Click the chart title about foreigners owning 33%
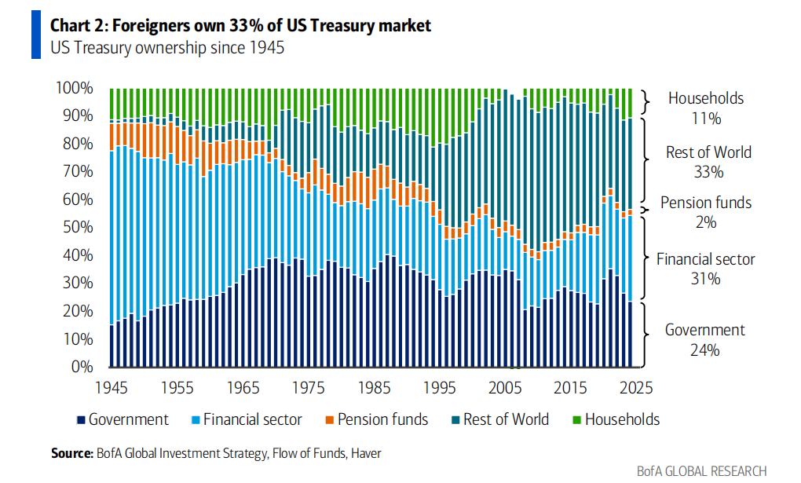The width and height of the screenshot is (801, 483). click(x=241, y=25)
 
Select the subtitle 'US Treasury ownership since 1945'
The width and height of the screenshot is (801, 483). click(x=167, y=48)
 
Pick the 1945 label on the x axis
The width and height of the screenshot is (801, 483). click(x=112, y=388)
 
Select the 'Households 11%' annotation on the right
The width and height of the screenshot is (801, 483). click(x=705, y=108)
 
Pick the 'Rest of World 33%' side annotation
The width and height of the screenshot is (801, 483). click(x=708, y=162)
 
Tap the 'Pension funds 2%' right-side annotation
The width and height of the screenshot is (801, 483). click(x=705, y=212)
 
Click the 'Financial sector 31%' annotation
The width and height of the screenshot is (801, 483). click(x=705, y=268)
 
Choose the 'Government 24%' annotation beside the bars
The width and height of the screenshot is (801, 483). click(x=704, y=339)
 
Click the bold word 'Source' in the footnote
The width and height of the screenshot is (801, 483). click(x=72, y=453)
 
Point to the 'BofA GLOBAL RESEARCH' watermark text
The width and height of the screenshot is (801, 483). click(x=701, y=471)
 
